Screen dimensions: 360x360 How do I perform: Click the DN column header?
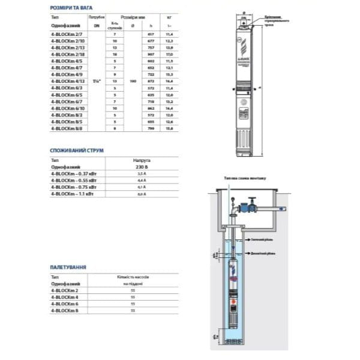click(x=93, y=27)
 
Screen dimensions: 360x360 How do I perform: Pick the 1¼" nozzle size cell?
click(x=93, y=80)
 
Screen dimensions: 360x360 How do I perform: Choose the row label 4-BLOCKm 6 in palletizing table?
click(x=63, y=304)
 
